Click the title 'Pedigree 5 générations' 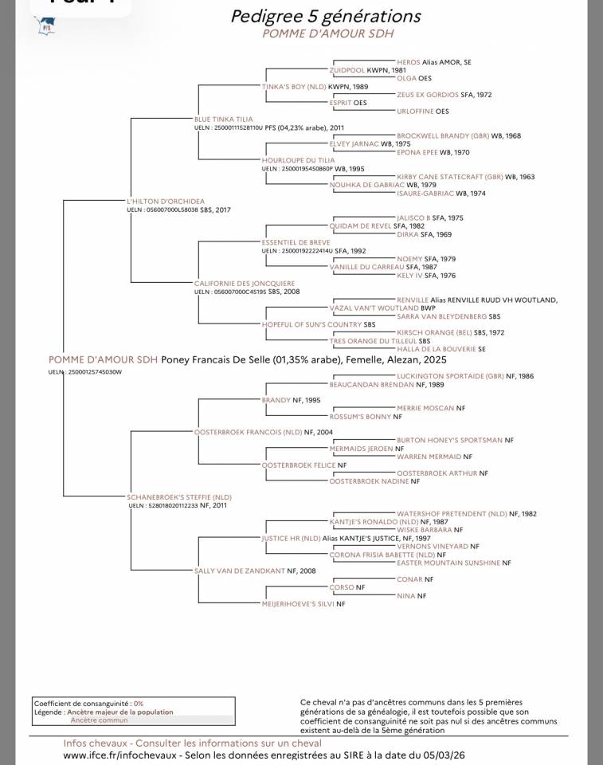pos(326,17)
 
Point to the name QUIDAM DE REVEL pos(360,226)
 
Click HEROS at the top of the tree pos(409,61)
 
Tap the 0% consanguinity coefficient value pos(139,704)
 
